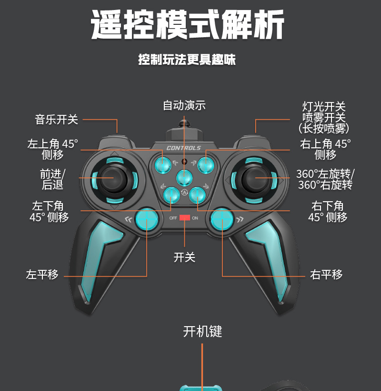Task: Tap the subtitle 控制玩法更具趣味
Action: [187, 60]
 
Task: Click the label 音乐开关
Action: [56, 119]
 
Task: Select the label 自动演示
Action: [184, 105]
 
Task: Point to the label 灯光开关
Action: [324, 107]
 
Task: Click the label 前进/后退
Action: [52, 179]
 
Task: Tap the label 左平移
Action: [42, 275]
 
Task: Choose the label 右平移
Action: [326, 275]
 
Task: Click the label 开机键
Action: [202, 331]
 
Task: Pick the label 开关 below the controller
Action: [184, 257]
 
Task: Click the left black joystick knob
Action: [114, 178]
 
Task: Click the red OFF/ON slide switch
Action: [185, 218]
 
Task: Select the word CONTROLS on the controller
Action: [184, 148]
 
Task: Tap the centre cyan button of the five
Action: [184, 178]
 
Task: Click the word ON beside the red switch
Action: [195, 218]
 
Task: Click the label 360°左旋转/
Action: [325, 174]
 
